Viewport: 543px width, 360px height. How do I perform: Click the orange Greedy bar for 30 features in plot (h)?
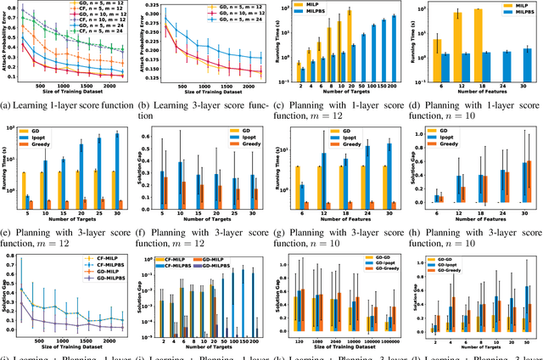tap(529, 183)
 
